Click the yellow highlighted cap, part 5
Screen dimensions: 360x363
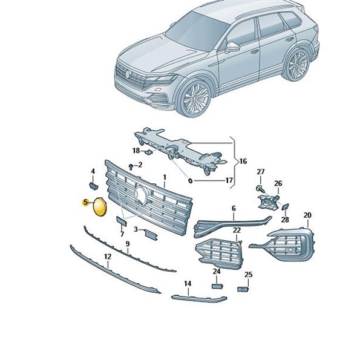point(100,207)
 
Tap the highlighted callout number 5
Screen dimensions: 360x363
point(86,202)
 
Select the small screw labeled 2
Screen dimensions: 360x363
point(131,167)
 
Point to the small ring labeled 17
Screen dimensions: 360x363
point(191,180)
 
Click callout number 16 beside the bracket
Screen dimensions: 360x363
point(243,161)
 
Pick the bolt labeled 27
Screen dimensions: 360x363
point(260,188)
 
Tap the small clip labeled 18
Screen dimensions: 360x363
point(148,152)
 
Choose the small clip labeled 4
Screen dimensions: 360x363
point(94,186)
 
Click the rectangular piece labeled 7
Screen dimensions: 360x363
point(122,221)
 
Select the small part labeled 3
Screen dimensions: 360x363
point(151,235)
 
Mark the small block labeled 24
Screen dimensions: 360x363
point(217,286)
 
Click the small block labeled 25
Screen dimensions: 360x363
point(243,289)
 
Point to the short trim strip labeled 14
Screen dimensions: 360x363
point(199,299)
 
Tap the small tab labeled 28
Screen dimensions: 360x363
point(285,207)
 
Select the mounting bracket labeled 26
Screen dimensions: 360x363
point(268,202)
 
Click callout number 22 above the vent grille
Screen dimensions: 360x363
point(237,230)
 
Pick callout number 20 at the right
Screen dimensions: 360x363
point(307,215)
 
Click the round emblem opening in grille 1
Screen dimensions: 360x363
point(140,195)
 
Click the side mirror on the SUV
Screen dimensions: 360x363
point(232,48)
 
